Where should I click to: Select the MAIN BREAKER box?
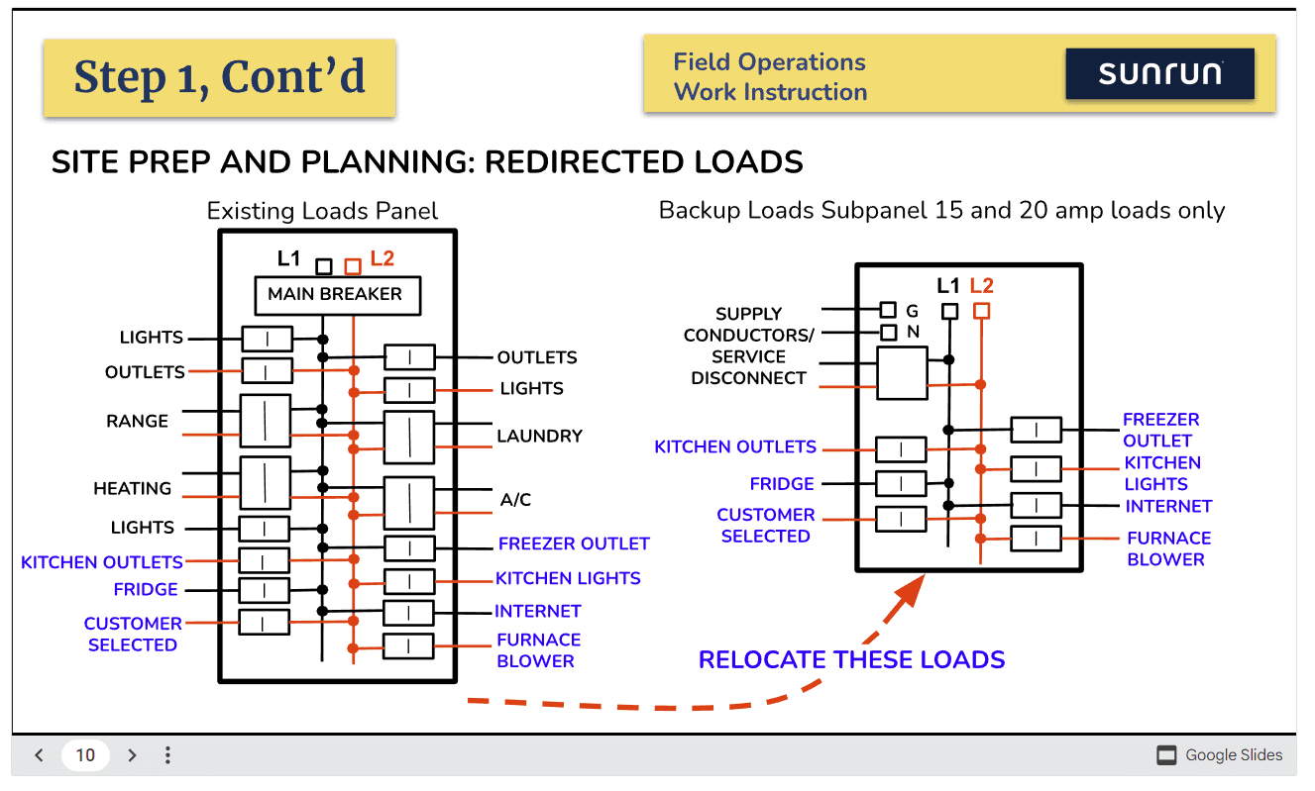tap(335, 294)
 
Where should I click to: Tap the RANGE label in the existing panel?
tap(138, 421)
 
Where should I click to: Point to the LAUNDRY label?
tap(539, 436)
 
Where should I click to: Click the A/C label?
tap(515, 500)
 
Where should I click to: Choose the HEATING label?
tap(132, 488)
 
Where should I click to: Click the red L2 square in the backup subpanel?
tap(981, 311)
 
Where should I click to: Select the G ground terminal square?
tap(889, 311)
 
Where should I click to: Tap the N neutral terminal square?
tap(889, 333)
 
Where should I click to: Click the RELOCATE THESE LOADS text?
tap(851, 659)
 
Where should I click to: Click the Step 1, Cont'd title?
tap(219, 77)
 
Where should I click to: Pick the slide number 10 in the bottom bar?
tap(85, 755)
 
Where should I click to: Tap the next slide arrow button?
tap(132, 755)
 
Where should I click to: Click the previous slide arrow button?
tap(39, 755)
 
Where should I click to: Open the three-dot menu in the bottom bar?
tap(167, 755)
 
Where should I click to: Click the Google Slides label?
tap(1234, 755)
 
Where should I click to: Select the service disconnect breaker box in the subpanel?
tap(902, 373)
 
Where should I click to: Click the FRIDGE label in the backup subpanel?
tap(782, 484)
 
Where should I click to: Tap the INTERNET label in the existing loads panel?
tap(537, 611)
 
